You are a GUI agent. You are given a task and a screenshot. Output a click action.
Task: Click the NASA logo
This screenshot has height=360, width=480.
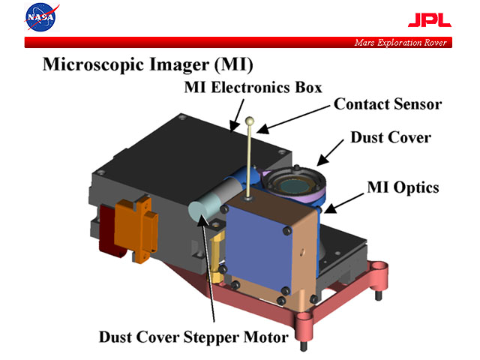(x=39, y=16)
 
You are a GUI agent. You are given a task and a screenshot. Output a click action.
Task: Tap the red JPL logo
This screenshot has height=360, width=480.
(x=429, y=20)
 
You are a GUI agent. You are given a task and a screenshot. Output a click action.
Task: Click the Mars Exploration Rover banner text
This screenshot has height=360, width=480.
(x=400, y=43)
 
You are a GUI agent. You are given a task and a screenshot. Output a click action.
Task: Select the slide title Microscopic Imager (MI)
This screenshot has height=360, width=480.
(x=147, y=64)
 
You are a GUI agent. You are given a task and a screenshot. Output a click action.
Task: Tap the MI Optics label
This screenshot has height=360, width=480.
(x=401, y=187)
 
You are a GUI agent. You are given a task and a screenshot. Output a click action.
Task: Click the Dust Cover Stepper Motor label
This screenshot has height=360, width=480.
(x=193, y=337)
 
